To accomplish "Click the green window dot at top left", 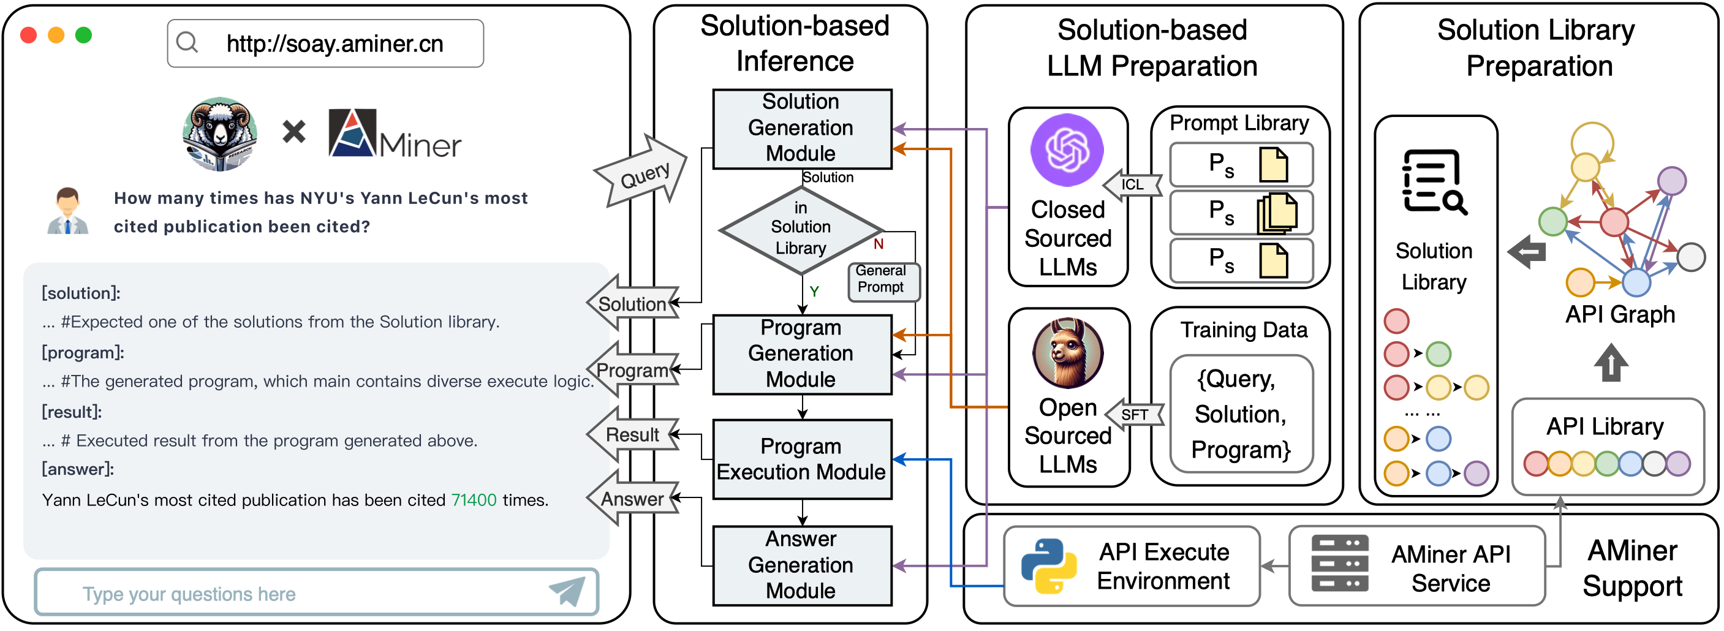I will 84,35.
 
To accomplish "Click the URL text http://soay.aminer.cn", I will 335,44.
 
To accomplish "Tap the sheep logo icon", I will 219,134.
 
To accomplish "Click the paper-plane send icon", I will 567,592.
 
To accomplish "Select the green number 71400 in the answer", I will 474,500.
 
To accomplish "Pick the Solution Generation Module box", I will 802,128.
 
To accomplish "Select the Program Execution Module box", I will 802,459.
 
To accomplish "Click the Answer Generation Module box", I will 802,565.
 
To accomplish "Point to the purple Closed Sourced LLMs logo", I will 1067,149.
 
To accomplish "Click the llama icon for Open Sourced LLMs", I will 1067,353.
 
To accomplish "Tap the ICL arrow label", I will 1132,184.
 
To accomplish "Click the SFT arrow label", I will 1135,415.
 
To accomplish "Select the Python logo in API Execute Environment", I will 1048,566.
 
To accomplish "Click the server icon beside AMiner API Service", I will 1340,564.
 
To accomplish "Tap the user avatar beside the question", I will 67,211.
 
